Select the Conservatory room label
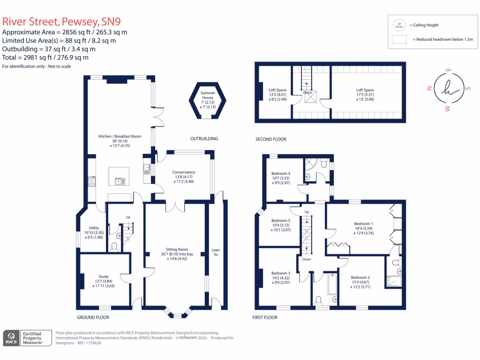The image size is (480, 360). (183, 172)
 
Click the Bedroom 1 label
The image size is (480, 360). (363, 224)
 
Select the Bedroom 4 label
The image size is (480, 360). (281, 173)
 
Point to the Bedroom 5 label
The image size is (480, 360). (281, 221)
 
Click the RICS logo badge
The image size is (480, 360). (11, 338)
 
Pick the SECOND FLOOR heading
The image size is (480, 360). (270, 139)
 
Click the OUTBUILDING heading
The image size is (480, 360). (204, 139)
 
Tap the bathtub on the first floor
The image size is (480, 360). (332, 284)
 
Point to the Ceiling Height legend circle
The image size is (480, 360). (400, 25)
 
